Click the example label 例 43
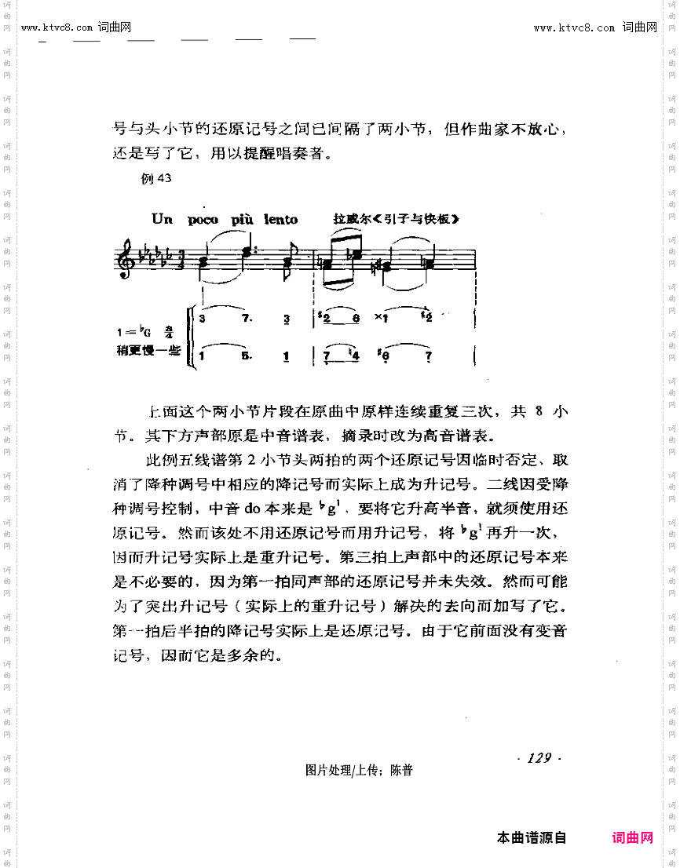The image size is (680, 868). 155,178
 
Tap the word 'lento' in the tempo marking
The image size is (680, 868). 280,220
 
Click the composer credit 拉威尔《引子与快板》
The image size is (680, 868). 395,219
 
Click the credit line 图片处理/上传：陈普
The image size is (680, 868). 359,771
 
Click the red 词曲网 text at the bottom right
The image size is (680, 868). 633,837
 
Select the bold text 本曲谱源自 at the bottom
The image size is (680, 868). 532,837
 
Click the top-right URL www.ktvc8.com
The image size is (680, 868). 574,27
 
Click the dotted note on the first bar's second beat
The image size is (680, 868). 250,252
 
